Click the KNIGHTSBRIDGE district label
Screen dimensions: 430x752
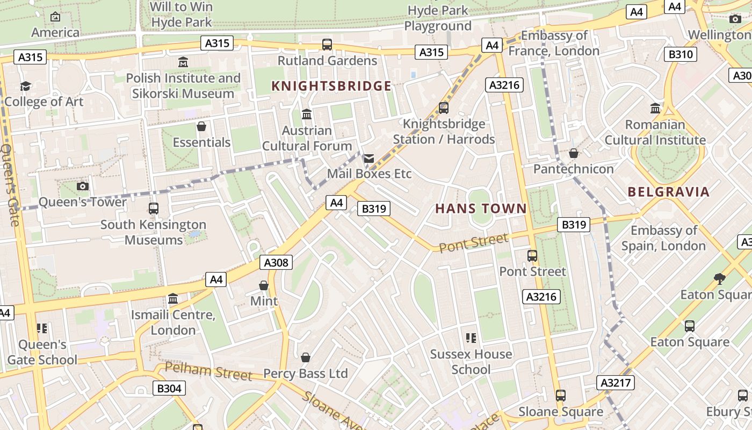331,86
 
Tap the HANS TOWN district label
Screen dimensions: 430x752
481,209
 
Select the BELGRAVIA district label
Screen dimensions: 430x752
668,192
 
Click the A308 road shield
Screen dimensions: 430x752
277,262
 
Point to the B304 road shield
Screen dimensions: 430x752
169,388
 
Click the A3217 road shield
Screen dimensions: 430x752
615,383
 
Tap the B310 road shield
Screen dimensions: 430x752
681,54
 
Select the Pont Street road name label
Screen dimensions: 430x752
473,243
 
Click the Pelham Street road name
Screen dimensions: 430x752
208,371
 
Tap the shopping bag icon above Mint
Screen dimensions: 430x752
264,285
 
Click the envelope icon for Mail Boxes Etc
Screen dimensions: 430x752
368,159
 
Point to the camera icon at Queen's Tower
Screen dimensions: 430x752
82,187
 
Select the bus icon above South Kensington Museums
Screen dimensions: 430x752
153,209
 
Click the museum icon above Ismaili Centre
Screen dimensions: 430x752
173,298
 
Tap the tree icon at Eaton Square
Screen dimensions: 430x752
720,278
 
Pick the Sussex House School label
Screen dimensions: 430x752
471,362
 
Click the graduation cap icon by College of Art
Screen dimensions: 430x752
25,86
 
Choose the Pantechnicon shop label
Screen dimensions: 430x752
573,169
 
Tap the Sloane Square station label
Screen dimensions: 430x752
560,412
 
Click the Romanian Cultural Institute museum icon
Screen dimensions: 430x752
655,109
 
